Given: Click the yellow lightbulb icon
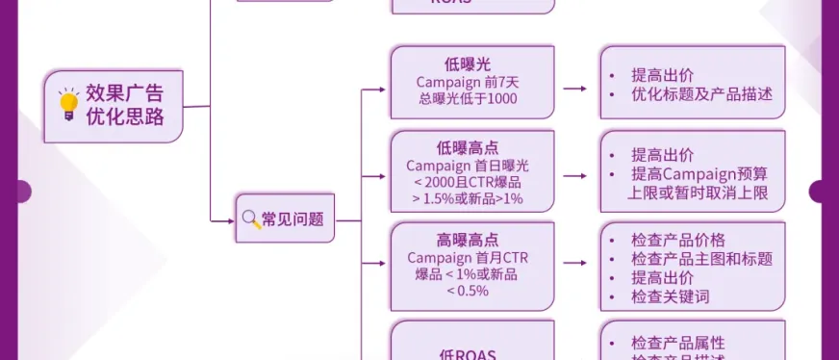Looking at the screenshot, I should point(68,105).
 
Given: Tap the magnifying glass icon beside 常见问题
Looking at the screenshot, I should point(250,219).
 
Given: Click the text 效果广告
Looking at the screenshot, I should point(124,93).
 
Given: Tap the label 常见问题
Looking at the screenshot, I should point(292,219).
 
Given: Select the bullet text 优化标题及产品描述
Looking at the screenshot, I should point(701,95).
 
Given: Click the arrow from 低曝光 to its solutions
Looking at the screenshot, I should point(574,89).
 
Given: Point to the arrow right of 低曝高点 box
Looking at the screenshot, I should point(574,176).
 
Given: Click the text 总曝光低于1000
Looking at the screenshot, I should point(468,99).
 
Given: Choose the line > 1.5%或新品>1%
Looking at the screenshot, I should point(468,199).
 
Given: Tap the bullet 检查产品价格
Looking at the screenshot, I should point(677,240).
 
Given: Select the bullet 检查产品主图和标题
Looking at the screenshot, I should point(701,258).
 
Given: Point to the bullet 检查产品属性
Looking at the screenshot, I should point(677,344).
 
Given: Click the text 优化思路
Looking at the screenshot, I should point(124,117).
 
